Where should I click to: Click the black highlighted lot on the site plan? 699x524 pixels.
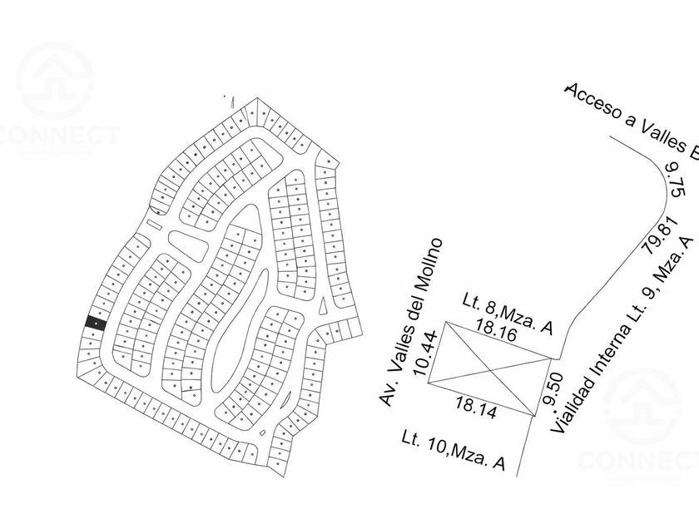click(96, 324)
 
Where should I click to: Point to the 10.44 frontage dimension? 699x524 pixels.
click(430, 353)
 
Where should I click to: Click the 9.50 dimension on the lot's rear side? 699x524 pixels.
click(548, 388)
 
